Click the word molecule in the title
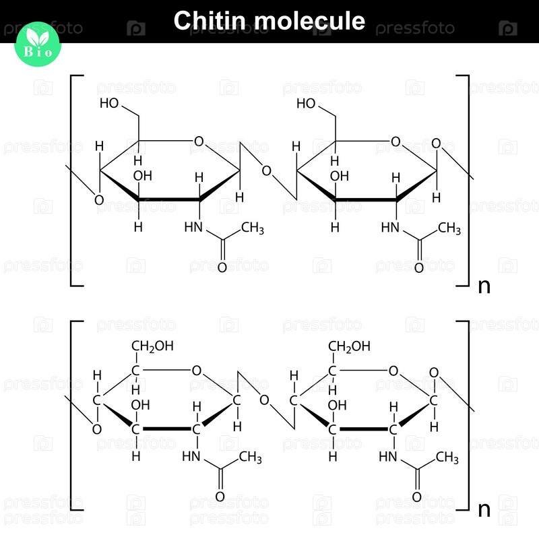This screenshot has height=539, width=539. click(309, 21)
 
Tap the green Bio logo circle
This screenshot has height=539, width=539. click(38, 44)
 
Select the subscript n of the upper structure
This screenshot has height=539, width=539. click(484, 286)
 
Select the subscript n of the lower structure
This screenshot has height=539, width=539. click(484, 509)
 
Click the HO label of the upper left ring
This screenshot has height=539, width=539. click(109, 103)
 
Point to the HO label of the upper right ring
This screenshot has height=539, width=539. click(306, 103)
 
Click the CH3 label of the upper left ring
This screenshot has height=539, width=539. click(253, 228)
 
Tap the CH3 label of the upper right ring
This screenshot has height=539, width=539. click(449, 228)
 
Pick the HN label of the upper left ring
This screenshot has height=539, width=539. click(193, 227)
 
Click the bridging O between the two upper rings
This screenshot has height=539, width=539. click(266, 171)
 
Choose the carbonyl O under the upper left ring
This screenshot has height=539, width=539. click(222, 267)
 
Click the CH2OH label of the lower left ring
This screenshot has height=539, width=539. click(153, 346)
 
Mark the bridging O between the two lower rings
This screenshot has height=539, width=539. click(264, 400)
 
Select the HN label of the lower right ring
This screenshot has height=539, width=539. click(388, 457)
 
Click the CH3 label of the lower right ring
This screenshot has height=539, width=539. click(447, 457)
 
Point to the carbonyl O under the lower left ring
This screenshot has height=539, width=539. click(220, 497)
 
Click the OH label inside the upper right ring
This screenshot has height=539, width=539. click(340, 176)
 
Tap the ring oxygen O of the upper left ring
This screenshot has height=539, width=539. click(199, 141)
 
